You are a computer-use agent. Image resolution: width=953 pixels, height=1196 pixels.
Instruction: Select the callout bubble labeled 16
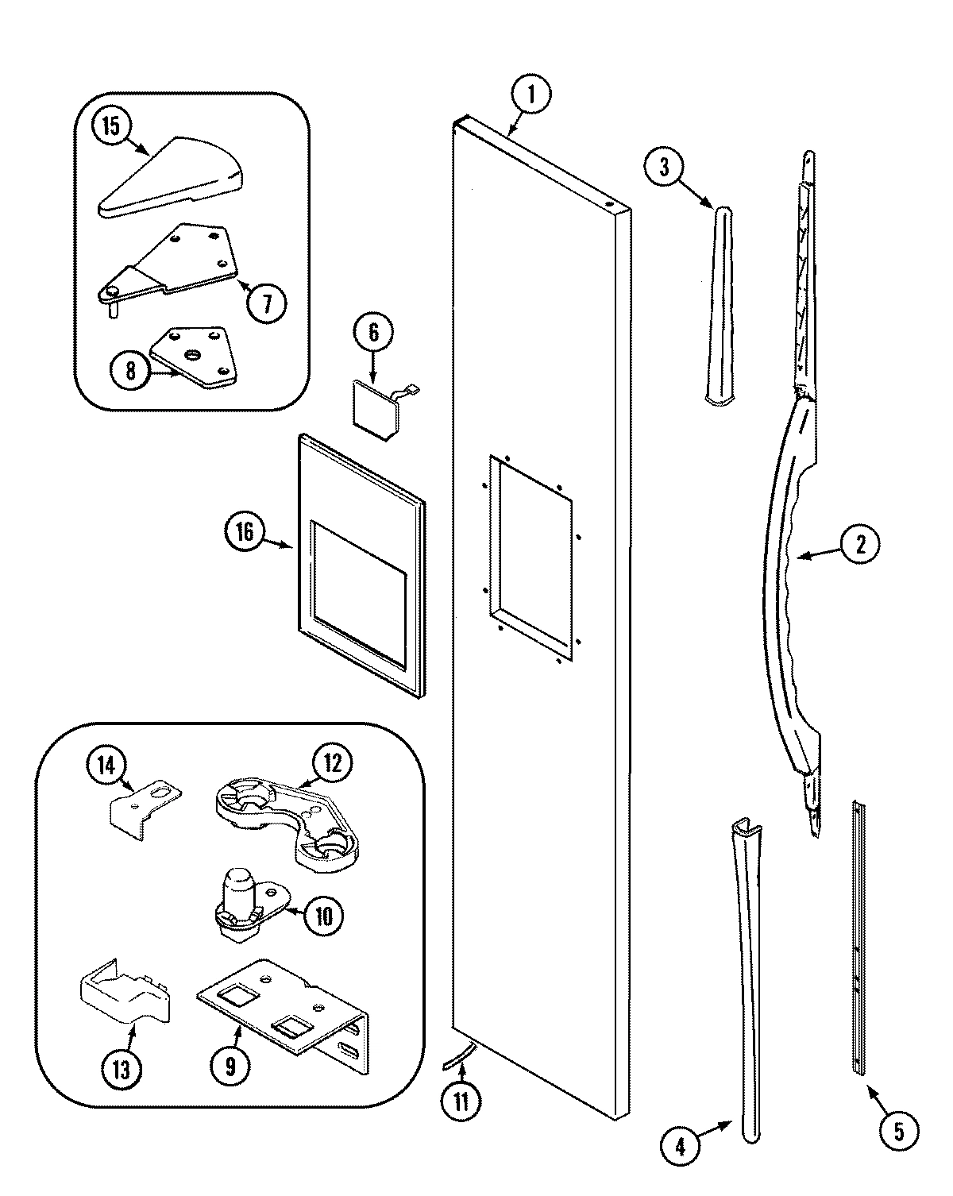245,531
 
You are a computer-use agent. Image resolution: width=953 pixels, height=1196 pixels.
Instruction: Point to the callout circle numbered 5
898,1132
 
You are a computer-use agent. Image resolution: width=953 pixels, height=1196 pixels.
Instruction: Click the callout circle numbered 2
860,544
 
